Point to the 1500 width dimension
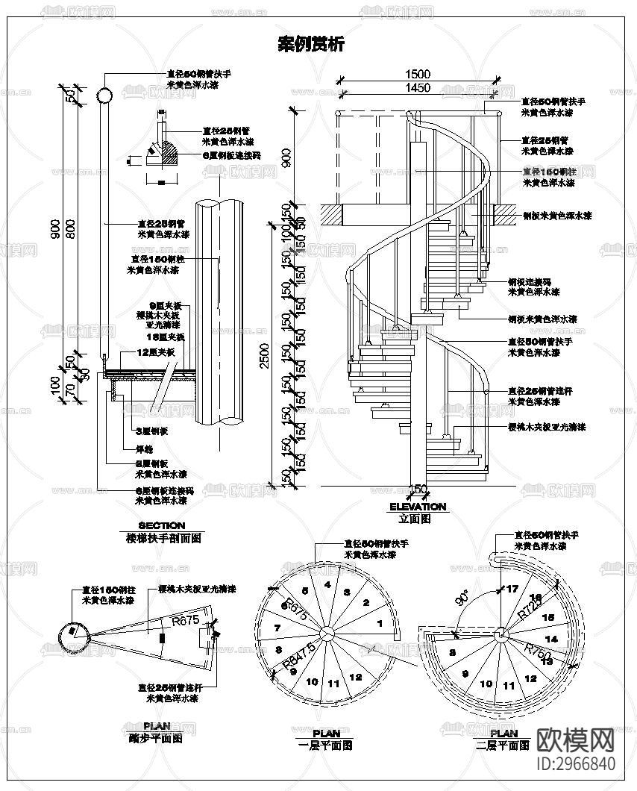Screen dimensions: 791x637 tap(418, 74)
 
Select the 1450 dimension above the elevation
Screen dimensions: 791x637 tap(418, 88)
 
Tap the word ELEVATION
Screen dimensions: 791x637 tap(418, 507)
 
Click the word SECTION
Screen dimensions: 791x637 tap(162, 525)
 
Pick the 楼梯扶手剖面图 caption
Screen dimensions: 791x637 tap(162, 537)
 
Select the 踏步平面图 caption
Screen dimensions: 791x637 tap(156, 739)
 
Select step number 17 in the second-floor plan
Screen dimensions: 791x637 tap(512, 589)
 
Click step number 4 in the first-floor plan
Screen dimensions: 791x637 tap(327, 586)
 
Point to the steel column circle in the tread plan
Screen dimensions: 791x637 tap(72, 637)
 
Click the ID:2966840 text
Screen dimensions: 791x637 tap(577, 764)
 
